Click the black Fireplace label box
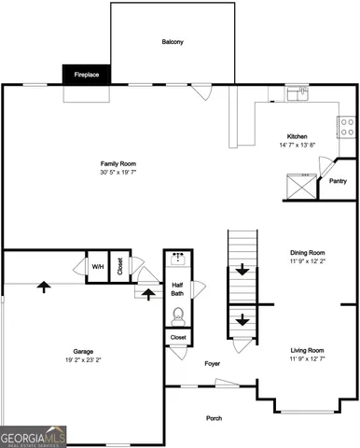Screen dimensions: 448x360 click(87, 74)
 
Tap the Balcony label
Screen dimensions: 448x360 click(172, 42)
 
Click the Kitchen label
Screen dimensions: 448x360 click(297, 136)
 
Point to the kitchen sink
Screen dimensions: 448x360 click(297, 92)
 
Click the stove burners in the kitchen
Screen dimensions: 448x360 click(347, 126)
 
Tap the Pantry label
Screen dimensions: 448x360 click(338, 181)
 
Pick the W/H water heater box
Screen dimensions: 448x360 click(97, 265)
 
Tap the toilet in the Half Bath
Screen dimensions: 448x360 click(178, 315)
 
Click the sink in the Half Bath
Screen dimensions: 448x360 click(178, 257)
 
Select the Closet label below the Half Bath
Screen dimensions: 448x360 click(178, 337)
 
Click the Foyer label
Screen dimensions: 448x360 click(212, 363)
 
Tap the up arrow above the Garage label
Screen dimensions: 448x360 click(43, 286)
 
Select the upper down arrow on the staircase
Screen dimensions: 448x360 click(242, 271)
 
